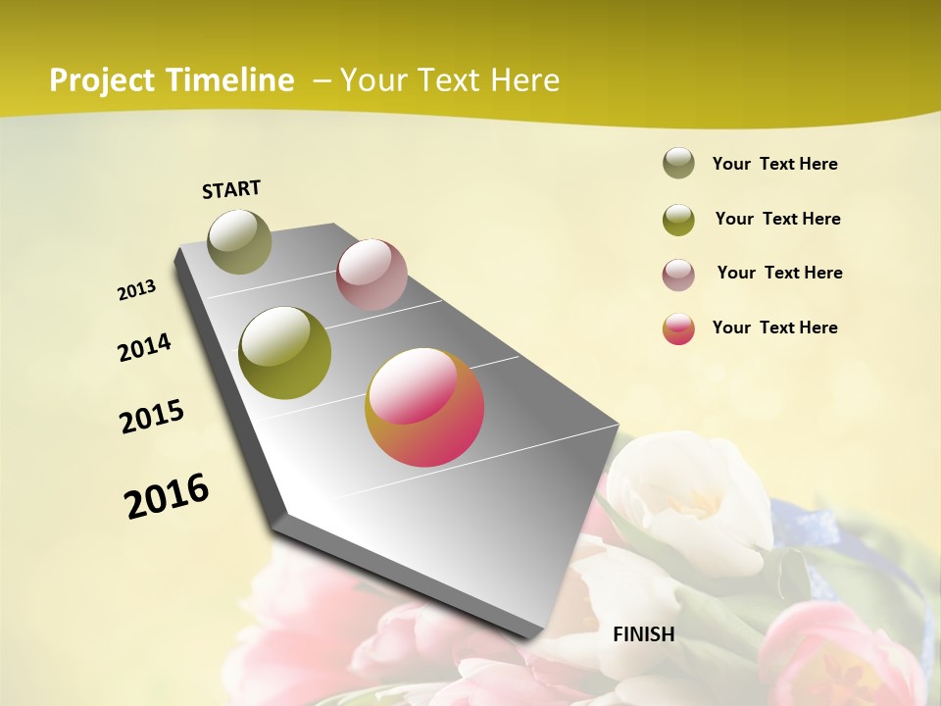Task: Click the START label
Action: pos(231,189)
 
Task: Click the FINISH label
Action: pos(644,634)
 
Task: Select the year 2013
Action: pos(137,290)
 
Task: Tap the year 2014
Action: pos(145,347)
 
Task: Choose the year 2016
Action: pos(167,495)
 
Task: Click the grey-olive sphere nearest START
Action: pos(240,241)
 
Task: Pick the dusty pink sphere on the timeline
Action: pos(371,275)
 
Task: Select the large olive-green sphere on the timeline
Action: pos(285,353)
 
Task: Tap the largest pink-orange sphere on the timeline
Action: pos(424,407)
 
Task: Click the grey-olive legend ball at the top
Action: pos(678,163)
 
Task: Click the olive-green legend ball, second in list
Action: pos(678,219)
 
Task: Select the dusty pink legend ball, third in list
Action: pos(678,274)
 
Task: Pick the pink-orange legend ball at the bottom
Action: pos(678,328)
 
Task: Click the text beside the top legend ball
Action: pos(774,164)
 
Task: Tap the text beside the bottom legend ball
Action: pos(774,328)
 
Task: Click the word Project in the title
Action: pos(102,80)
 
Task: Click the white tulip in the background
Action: pos(696,500)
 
